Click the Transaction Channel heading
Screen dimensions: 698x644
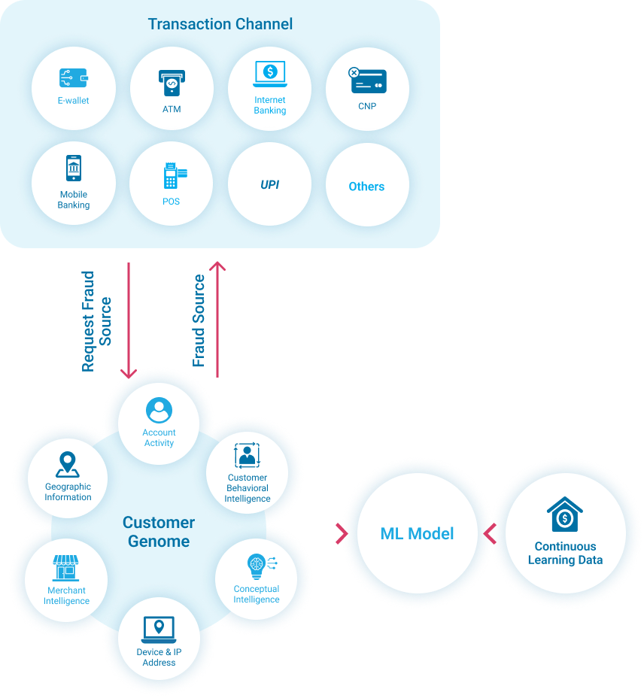coord(220,24)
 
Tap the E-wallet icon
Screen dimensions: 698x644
coord(74,78)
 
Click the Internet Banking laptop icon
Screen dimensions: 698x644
coord(269,74)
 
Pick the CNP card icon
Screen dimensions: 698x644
coord(367,80)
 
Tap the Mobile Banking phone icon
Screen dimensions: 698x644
coord(74,168)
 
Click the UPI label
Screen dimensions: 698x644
coord(269,184)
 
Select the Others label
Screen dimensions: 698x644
coord(366,187)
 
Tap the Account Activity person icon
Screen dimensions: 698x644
coord(159,411)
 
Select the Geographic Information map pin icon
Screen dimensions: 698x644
coord(68,465)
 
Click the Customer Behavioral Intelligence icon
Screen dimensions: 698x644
coord(247,456)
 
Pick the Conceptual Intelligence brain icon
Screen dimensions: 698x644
coord(257,566)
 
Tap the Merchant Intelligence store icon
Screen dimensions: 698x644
coord(66,569)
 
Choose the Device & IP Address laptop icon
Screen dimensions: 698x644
coord(159,628)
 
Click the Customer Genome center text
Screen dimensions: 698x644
coord(159,532)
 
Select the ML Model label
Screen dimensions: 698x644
coord(417,534)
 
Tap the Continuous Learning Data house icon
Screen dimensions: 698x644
coord(565,514)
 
